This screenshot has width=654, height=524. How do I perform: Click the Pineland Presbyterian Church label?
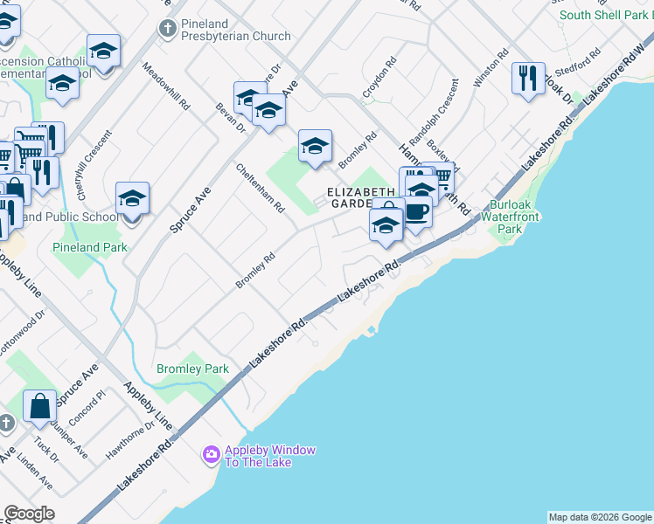235,30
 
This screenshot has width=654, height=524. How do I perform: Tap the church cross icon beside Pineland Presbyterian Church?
168,29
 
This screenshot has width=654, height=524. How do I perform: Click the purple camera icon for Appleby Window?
211,454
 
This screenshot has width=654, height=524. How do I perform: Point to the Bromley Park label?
192,369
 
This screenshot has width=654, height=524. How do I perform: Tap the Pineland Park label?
89,247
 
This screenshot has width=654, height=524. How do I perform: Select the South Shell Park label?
603,15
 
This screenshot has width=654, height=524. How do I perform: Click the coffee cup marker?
416,211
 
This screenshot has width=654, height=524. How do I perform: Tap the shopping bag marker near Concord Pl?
39,405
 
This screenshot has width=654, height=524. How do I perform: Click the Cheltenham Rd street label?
261,188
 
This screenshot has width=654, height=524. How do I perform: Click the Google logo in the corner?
29,514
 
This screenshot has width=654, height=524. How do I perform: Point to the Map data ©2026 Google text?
600,517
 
